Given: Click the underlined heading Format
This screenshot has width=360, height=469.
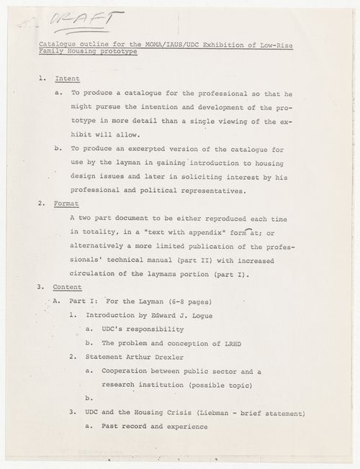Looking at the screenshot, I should [x=71, y=204].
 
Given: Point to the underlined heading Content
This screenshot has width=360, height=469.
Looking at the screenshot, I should [x=72, y=286].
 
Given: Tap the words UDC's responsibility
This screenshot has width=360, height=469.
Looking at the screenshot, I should [x=145, y=329].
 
